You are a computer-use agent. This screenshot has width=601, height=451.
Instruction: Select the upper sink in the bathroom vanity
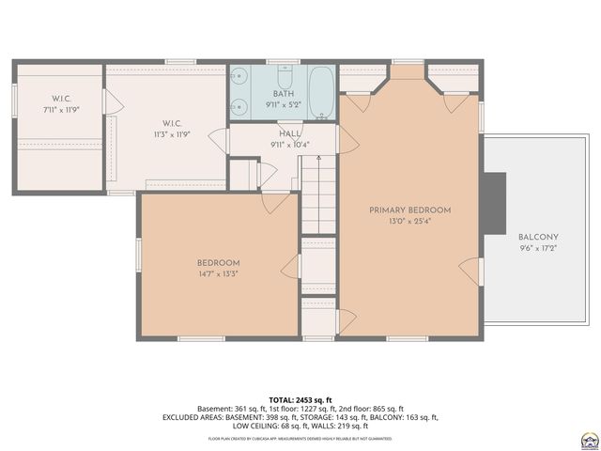239,79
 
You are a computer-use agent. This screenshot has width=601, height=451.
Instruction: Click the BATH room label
284,94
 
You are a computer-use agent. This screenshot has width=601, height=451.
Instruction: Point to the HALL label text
289,133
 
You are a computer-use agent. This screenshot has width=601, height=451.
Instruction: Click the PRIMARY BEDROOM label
409,210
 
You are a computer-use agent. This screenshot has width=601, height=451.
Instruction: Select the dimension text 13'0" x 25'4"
409,222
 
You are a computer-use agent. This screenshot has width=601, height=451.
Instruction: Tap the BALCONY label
538,237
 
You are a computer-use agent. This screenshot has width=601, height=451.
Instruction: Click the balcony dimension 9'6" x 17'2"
538,249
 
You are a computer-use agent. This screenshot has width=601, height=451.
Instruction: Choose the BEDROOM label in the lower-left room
218,262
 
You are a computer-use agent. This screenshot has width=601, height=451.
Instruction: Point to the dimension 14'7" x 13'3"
218,274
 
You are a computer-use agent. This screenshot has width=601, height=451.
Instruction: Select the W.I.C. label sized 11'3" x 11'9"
170,123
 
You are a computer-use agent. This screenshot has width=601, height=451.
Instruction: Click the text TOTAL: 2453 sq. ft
300,398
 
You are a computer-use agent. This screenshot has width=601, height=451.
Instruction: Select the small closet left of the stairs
243,175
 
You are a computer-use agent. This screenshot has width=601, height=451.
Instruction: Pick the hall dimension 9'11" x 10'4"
289,145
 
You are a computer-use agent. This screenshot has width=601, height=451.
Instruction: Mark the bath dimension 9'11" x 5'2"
284,105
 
